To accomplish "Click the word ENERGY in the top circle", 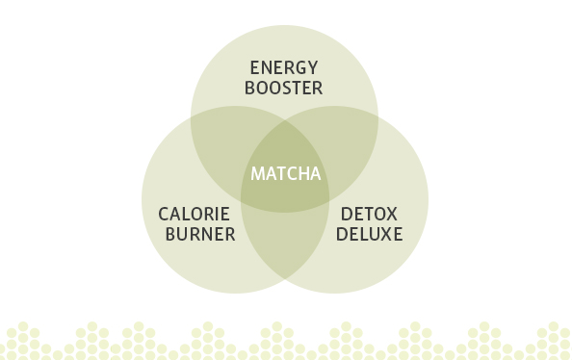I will (x=283, y=67).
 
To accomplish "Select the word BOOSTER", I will (x=283, y=89).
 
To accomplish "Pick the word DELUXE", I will (x=370, y=234).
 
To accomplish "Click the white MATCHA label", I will (x=285, y=174).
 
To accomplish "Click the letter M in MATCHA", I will (x=257, y=174).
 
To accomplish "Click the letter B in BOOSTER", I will (x=249, y=89).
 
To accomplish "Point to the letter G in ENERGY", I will (x=299, y=67).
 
